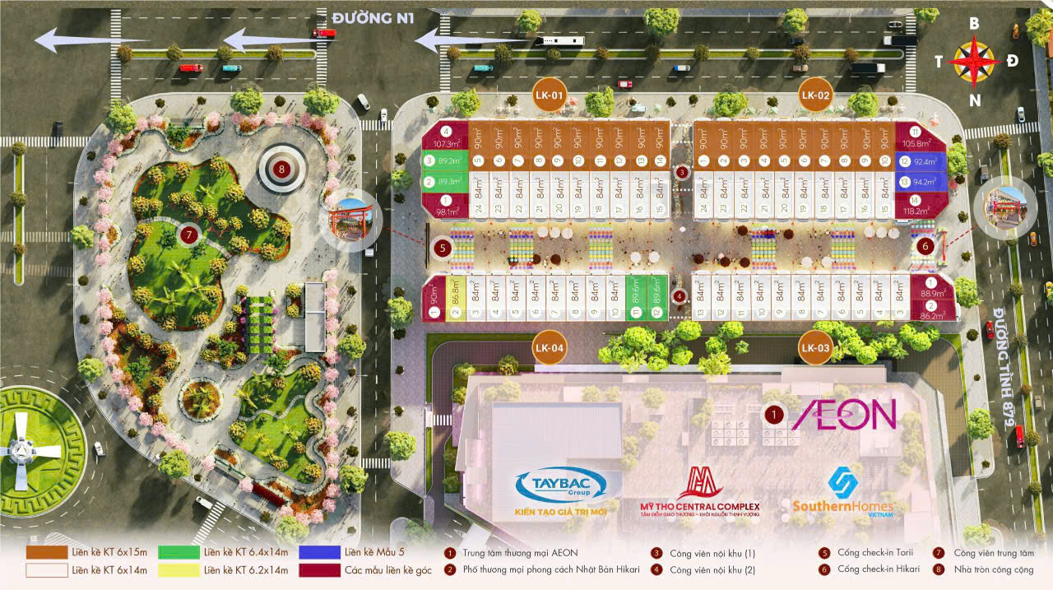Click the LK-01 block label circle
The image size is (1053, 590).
coord(550,95)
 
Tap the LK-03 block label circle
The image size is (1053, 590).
coord(814,348)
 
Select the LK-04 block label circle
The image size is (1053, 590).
coord(550,348)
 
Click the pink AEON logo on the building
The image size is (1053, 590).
coord(843,415)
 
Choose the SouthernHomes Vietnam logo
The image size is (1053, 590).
coord(843,493)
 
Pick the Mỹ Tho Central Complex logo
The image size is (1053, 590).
coord(699,492)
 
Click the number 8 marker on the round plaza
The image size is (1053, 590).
coord(282,170)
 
